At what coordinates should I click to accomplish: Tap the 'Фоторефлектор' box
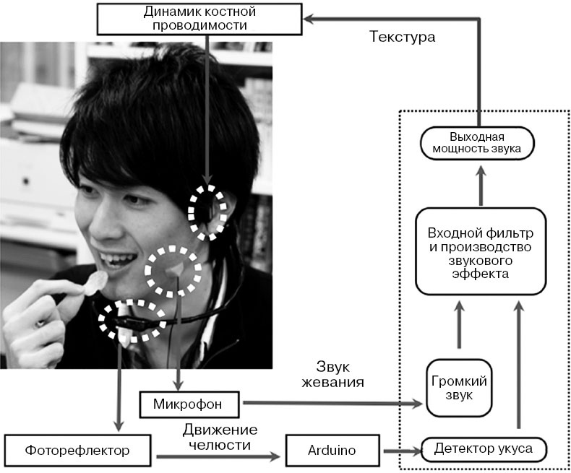pyautogui.click(x=79, y=450)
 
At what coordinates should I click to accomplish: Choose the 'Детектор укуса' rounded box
pyautogui.click(x=484, y=449)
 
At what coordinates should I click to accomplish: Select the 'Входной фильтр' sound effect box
pyautogui.click(x=479, y=251)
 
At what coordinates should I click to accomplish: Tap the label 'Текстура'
pyautogui.click(x=402, y=37)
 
